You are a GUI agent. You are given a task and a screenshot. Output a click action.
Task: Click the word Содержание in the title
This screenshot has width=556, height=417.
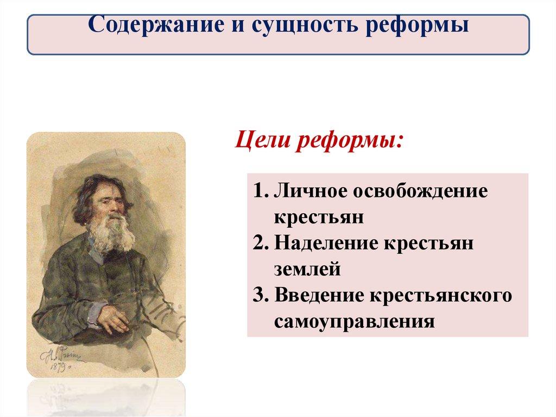[156, 24]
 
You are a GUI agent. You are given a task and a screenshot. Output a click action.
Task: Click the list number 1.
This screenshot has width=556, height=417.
[261, 191]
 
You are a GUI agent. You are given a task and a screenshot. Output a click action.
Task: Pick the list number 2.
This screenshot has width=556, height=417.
[261, 244]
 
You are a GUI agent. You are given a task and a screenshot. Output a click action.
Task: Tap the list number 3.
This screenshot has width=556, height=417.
[261, 296]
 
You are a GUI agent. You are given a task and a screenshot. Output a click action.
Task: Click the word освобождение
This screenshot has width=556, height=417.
[421, 191]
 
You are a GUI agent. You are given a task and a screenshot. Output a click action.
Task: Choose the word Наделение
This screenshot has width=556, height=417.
[326, 244]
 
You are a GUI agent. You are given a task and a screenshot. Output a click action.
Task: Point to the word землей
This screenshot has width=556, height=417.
[307, 269]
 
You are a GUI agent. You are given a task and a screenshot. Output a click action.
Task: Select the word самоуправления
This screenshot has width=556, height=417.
[355, 322]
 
